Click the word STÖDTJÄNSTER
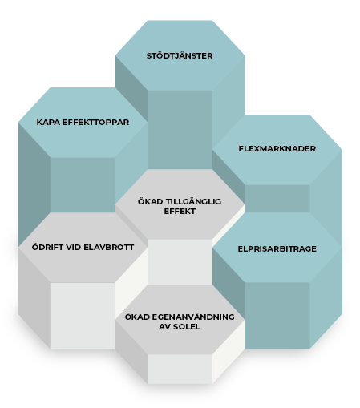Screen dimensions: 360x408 (180, 55)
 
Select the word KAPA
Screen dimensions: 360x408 (47, 123)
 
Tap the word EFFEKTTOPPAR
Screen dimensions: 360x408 (94, 123)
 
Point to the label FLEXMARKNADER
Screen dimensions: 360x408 (277, 148)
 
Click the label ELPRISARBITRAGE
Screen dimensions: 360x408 (277, 248)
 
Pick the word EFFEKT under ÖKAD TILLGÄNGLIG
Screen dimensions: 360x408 (180, 211)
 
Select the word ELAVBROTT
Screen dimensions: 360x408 (109, 247)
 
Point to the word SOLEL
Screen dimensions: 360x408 (187, 326)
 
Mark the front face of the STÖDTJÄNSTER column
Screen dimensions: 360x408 (180, 130)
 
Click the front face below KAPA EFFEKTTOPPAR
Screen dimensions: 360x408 (83, 185)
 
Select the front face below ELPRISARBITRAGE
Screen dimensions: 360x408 (277, 315)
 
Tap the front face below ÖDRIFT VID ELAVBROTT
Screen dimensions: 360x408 (83, 316)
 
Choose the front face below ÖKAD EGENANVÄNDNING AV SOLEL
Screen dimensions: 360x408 (180, 369)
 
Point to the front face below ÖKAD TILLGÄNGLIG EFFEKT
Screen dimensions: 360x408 (180, 262)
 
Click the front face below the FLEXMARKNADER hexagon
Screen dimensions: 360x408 (277, 199)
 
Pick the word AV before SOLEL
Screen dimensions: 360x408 (165, 326)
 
